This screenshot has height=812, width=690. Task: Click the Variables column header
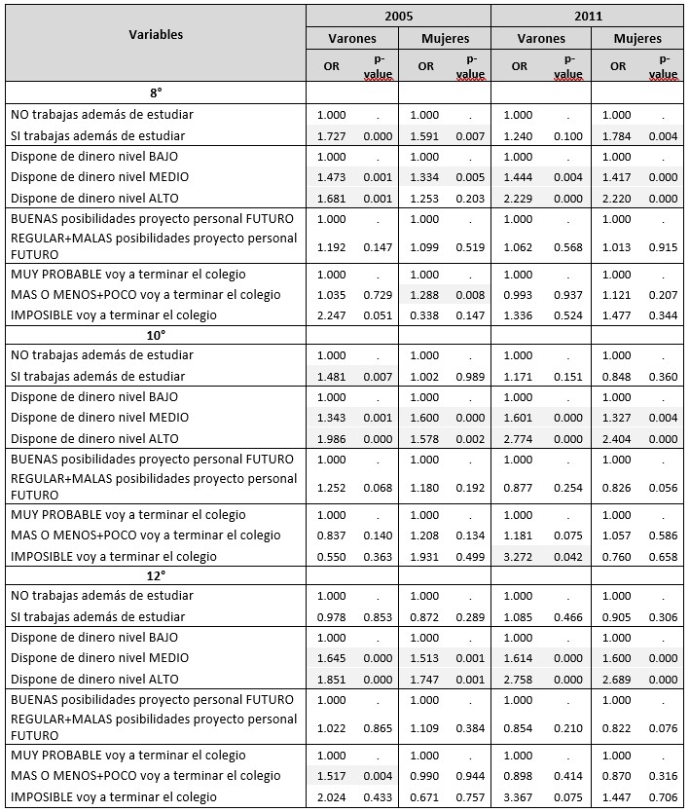pyautogui.click(x=156, y=34)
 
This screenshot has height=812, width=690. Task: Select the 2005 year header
pyautogui.click(x=398, y=16)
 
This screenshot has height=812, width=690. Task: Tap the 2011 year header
pyautogui.click(x=588, y=16)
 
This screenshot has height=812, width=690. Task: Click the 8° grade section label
pyautogui.click(x=156, y=93)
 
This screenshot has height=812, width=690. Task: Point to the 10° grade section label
pyautogui.click(x=156, y=334)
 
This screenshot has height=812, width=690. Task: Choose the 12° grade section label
pyautogui.click(x=156, y=574)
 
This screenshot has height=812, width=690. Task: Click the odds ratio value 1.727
pyautogui.click(x=331, y=135)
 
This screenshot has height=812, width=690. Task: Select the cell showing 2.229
pyautogui.click(x=520, y=198)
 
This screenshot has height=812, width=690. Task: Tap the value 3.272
pyautogui.click(x=520, y=556)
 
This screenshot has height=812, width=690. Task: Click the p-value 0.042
pyautogui.click(x=567, y=556)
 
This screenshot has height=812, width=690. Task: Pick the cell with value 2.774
pyautogui.click(x=520, y=438)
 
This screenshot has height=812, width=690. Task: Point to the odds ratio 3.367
pyautogui.click(x=520, y=796)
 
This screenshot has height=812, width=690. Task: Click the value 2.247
pyautogui.click(x=331, y=314)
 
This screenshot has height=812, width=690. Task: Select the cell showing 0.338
pyautogui.click(x=425, y=314)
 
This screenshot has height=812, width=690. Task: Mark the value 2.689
pyautogui.click(x=617, y=679)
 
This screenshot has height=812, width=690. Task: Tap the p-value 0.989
pyautogui.click(x=471, y=376)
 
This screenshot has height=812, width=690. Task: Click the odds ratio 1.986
pyautogui.click(x=331, y=438)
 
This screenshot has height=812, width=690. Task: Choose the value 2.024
pyautogui.click(x=331, y=796)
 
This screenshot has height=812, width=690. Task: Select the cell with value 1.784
pyautogui.click(x=617, y=135)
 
